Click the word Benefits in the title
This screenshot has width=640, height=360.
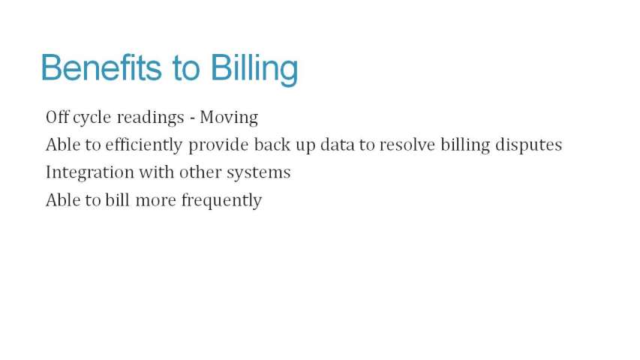click(x=101, y=67)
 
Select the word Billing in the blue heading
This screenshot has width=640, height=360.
click(x=254, y=70)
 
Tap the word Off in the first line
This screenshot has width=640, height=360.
click(x=57, y=117)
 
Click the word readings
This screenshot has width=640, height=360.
click(x=150, y=118)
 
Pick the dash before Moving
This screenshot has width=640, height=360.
click(x=192, y=119)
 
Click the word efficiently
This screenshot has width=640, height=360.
click(x=143, y=145)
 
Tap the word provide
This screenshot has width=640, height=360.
click(x=218, y=145)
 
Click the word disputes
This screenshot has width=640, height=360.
click(x=528, y=145)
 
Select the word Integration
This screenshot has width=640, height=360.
click(x=90, y=173)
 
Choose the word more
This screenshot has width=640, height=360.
click(x=155, y=201)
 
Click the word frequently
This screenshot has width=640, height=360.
click(x=221, y=201)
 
